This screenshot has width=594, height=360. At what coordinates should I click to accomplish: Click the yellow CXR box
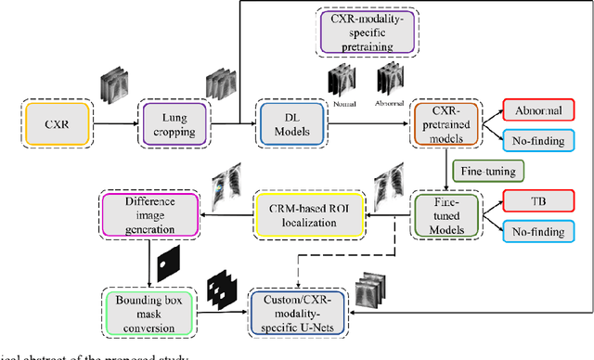point(53,121)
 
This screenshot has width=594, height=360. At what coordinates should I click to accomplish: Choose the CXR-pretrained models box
point(443,122)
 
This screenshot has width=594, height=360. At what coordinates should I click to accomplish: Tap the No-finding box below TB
point(536,231)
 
